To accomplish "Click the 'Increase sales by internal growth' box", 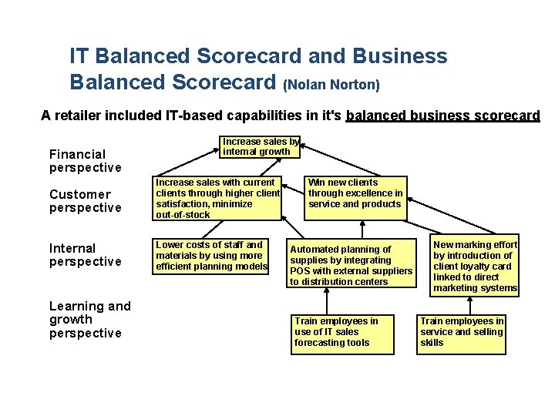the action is [261, 147].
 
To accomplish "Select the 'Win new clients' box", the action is [355, 193].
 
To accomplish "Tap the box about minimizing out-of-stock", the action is [217, 199].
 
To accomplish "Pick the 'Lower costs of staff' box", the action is [210, 256].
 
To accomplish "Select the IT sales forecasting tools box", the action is [343, 332].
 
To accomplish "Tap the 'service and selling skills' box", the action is [461, 332].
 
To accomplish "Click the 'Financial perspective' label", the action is [85, 161].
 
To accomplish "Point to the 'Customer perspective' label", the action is [85, 201].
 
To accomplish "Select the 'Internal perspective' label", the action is [85, 255].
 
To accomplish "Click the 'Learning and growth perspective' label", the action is [89, 320].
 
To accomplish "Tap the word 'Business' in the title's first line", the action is [400, 56].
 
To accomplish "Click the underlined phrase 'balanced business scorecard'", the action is [443, 116].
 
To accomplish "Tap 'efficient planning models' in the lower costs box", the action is [211, 267].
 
